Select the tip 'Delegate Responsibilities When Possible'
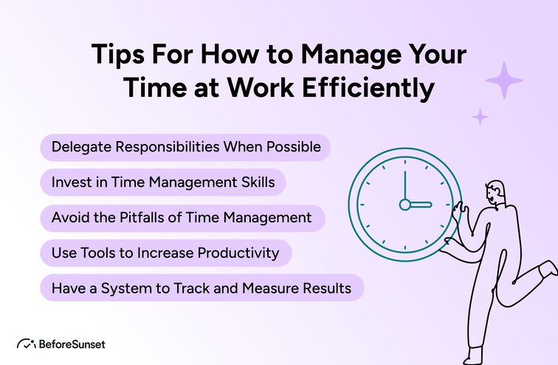coord(185,147)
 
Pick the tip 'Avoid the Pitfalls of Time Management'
coord(182,218)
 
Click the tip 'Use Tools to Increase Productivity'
coord(165,253)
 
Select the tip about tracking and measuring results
coord(201,288)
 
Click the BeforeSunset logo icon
coord(27,344)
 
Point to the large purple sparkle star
coord(504,81)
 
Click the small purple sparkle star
coord(480,117)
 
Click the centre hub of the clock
coord(404,203)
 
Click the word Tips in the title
coord(117,56)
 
